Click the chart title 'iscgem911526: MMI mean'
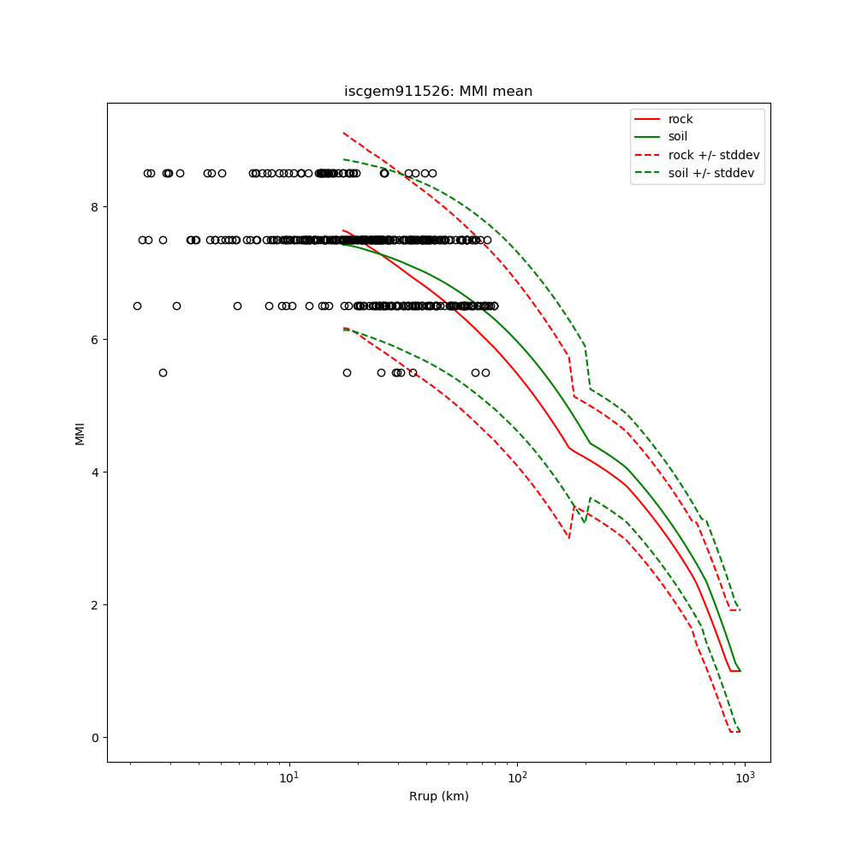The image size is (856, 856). [x=438, y=92]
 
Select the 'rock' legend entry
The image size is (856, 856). [x=681, y=119]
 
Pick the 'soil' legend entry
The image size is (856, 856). [x=678, y=137]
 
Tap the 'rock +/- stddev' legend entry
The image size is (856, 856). [x=714, y=155]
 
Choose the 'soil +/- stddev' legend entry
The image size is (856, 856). [x=714, y=173]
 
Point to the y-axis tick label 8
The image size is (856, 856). [x=95, y=207]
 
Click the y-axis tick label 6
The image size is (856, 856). [x=95, y=340]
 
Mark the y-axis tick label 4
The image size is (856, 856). [x=95, y=473]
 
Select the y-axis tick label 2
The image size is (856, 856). [x=95, y=605]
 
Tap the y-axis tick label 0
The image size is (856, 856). [x=95, y=738]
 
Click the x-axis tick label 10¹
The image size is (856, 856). [x=289, y=778]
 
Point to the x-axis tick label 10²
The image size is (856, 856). [x=517, y=778]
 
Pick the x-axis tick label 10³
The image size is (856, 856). [x=745, y=778]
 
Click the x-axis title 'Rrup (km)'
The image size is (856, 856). [x=438, y=797]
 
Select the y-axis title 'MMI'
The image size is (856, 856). [x=80, y=433]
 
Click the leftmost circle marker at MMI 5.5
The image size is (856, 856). [x=163, y=372]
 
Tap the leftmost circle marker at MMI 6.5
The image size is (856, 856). [x=137, y=306]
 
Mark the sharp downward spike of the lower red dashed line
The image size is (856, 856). [x=568, y=538]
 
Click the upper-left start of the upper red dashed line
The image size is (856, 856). [x=343, y=133]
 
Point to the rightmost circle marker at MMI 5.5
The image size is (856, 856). [x=485, y=372]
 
